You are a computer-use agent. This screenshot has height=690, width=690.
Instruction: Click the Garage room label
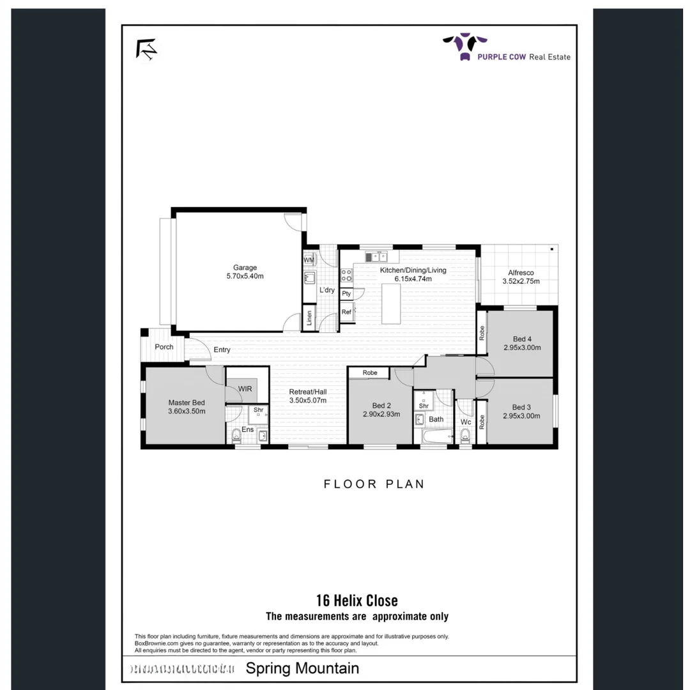tap(245, 268)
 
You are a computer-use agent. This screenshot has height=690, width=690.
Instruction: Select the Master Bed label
tap(187, 402)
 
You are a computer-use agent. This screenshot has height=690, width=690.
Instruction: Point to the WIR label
tap(245, 388)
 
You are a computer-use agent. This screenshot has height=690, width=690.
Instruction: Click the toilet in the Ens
tap(236, 436)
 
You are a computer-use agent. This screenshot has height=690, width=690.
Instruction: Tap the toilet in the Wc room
tap(464, 436)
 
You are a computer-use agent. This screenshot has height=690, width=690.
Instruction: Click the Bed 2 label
tap(381, 405)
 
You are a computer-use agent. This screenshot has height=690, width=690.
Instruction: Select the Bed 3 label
tap(521, 407)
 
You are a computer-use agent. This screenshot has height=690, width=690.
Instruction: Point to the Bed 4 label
tap(522, 339)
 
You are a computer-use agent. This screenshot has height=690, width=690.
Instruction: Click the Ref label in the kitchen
tap(346, 312)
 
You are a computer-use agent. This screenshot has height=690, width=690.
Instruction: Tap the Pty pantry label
tap(346, 294)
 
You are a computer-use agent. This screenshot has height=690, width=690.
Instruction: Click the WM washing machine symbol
tap(309, 260)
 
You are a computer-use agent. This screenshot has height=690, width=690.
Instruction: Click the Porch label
tap(164, 347)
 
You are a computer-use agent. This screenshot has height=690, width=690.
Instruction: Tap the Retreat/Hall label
tap(308, 392)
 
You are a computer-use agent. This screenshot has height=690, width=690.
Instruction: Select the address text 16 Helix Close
tap(356, 601)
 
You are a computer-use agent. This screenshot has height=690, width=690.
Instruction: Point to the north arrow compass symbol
tap(146, 50)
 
